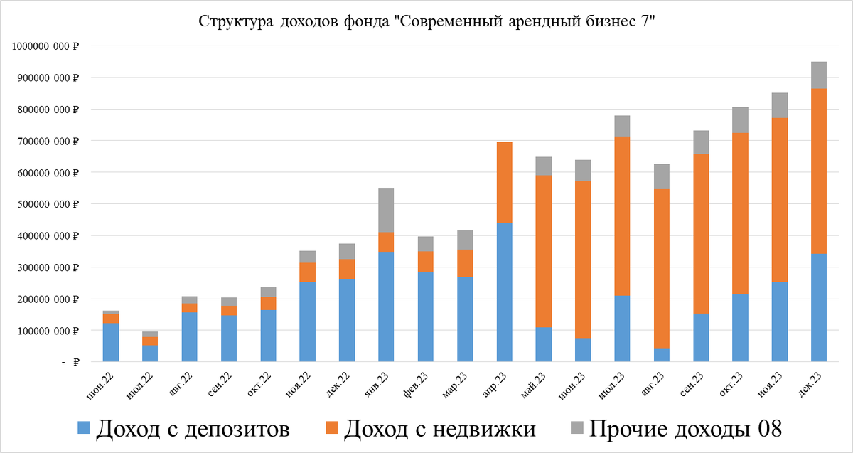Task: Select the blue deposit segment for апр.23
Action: (x=504, y=292)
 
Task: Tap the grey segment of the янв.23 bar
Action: (x=386, y=210)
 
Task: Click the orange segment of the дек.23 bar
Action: (x=819, y=171)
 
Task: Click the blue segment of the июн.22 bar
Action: (x=111, y=342)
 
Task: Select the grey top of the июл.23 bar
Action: (x=622, y=126)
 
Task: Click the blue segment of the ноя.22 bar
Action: (x=307, y=321)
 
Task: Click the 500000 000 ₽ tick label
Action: (x=47, y=204)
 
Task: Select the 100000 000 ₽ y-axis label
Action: (x=47, y=331)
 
